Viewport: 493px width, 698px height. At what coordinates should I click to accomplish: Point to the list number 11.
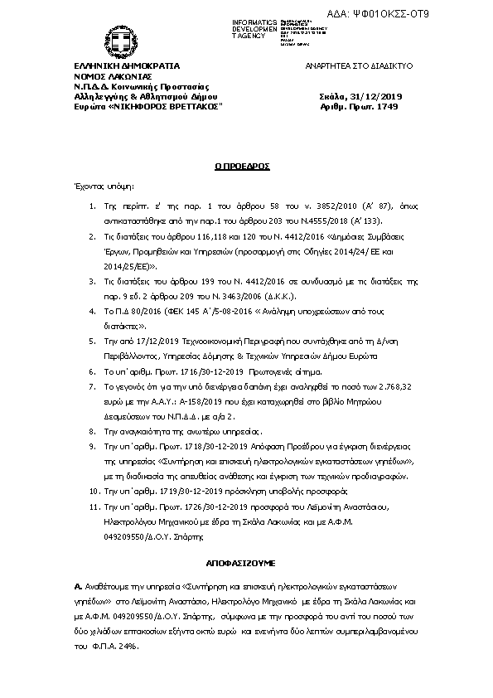(94, 506)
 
